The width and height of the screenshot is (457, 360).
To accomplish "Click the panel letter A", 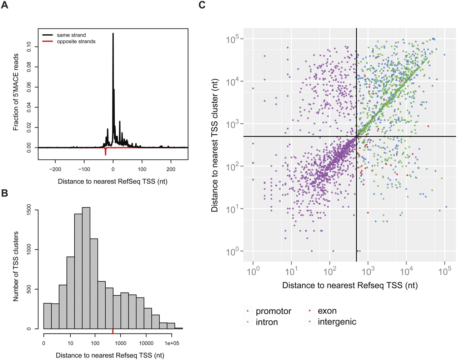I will (5, 5).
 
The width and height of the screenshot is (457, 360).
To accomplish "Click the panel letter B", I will (5, 193).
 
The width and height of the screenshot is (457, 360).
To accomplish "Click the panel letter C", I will (202, 5).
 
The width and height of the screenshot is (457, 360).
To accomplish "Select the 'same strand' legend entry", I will (71, 35).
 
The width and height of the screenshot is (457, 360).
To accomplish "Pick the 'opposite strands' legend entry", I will (76, 41).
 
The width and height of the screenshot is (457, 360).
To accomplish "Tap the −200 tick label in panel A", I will (55, 169).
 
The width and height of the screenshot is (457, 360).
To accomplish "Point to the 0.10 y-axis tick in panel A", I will (29, 47).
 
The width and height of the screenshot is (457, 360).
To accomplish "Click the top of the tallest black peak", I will (113, 34).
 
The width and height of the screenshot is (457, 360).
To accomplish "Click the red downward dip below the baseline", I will (105, 154).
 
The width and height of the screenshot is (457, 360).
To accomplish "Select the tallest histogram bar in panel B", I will (86, 268).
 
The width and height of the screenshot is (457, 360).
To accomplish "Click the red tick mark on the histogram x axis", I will (113, 332).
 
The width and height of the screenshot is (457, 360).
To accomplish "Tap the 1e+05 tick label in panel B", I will (172, 343).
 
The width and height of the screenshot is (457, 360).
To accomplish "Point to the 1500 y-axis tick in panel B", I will (29, 210).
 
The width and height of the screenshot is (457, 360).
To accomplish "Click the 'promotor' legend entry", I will (273, 311).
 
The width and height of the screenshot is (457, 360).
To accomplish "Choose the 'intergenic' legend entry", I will (337, 322).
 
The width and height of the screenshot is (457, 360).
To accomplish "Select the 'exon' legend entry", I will (327, 311).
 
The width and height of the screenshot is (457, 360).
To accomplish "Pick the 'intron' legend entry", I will (266, 322).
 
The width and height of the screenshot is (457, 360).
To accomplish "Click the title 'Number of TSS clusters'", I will (16, 266).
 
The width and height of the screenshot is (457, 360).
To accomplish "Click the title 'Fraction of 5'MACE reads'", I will (16, 92).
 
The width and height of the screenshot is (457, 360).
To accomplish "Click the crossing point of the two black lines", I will (357, 136).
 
